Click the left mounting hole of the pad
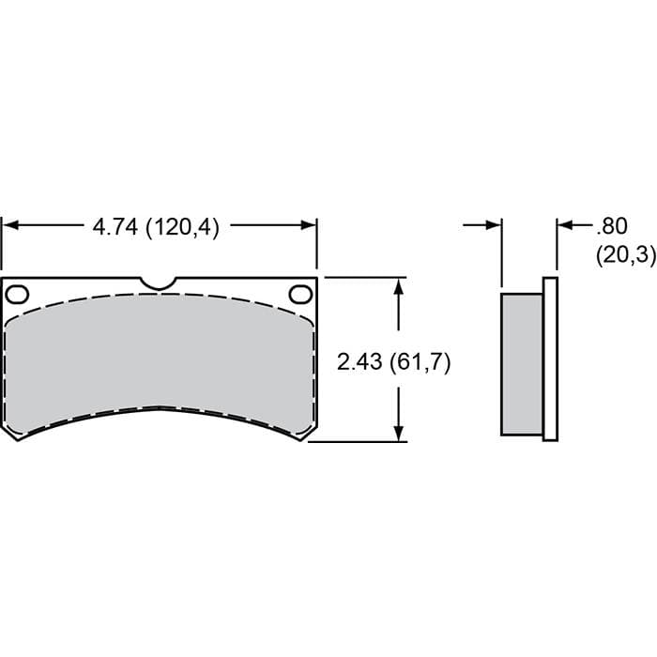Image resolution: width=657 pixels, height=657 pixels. (x=17, y=295)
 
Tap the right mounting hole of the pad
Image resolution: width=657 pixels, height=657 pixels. (x=300, y=295)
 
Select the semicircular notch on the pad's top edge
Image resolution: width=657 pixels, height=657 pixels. (x=159, y=283)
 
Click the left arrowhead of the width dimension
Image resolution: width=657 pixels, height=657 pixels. (x=9, y=225)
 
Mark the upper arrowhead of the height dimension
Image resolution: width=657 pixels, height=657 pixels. (x=400, y=286)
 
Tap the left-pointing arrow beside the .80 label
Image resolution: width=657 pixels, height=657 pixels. (x=565, y=225)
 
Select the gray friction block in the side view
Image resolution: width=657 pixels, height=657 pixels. (x=522, y=364)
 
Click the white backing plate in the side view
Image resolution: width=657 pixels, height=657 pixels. (x=550, y=357)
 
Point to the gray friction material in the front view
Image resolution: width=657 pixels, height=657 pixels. (x=160, y=352)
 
